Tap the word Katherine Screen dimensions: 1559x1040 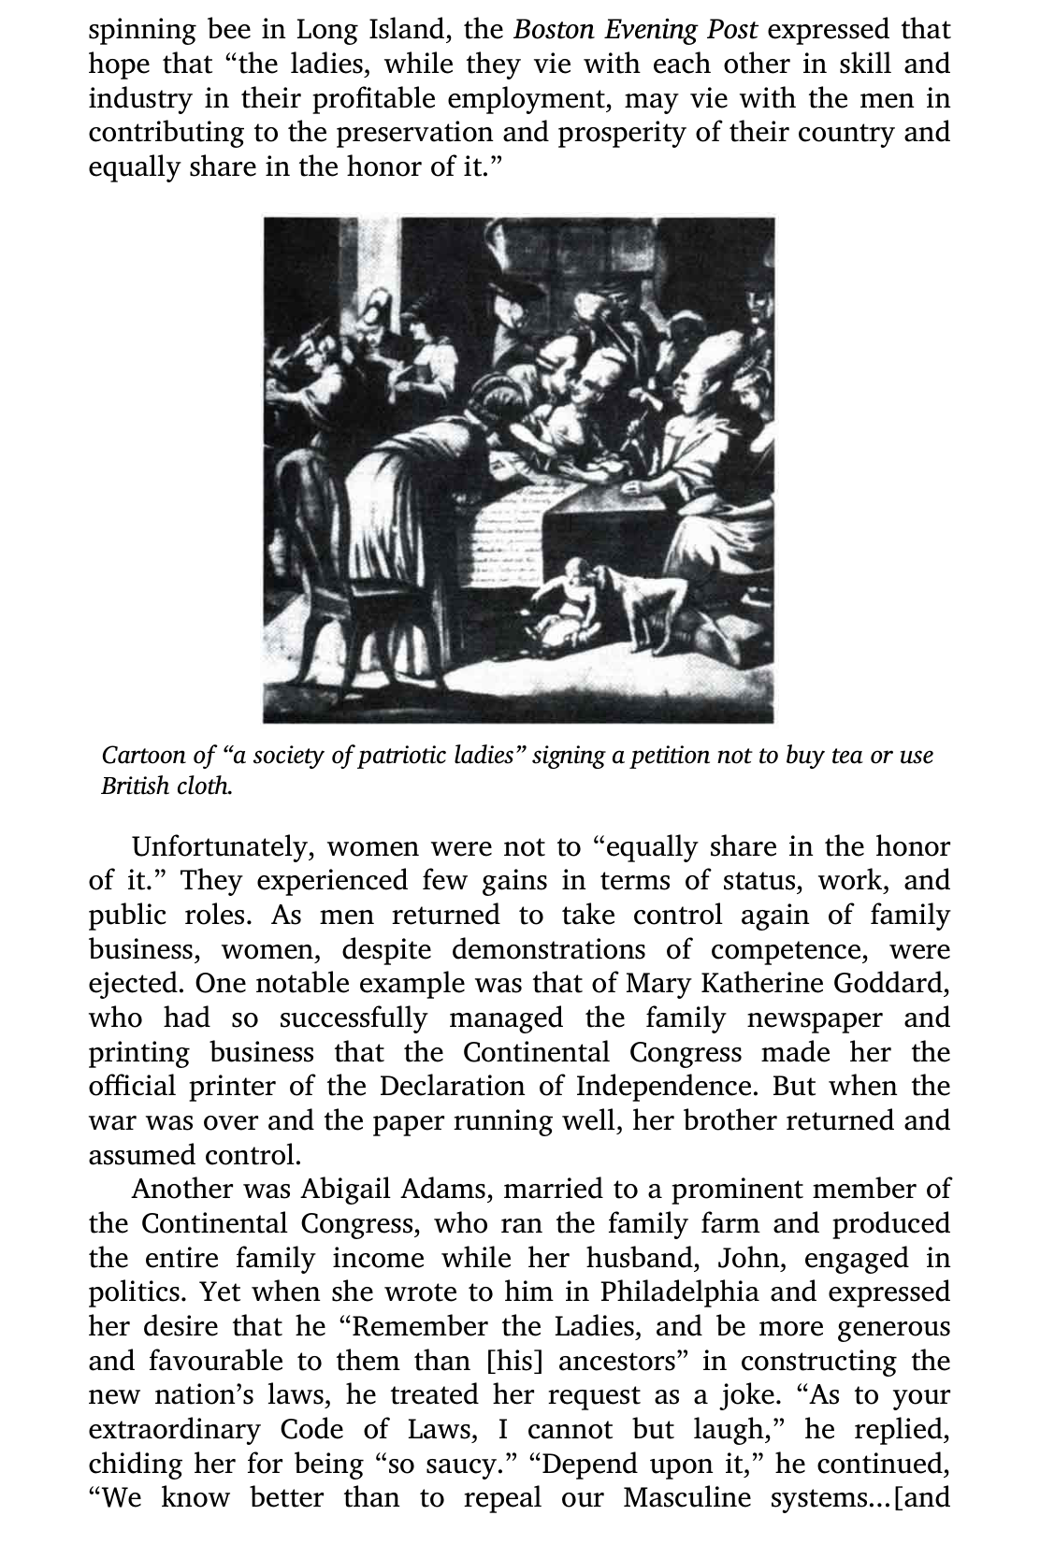pos(754,984)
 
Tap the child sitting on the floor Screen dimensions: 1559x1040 pos(566,608)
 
